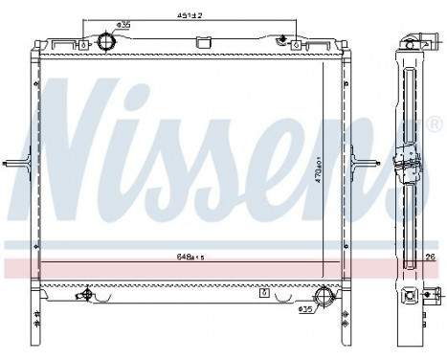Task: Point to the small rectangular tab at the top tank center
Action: (x=202, y=42)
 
